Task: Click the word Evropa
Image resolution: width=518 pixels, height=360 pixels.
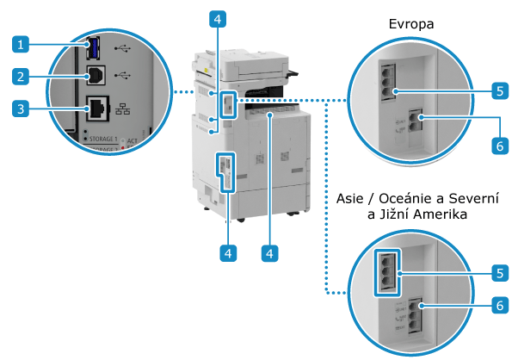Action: point(409,26)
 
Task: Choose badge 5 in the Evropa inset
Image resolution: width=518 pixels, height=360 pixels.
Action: point(499,89)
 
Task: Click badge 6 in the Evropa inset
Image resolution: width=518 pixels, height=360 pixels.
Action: point(499,146)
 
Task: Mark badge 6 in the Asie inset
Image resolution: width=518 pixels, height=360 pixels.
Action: point(499,304)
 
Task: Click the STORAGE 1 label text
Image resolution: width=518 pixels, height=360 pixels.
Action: point(96,138)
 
